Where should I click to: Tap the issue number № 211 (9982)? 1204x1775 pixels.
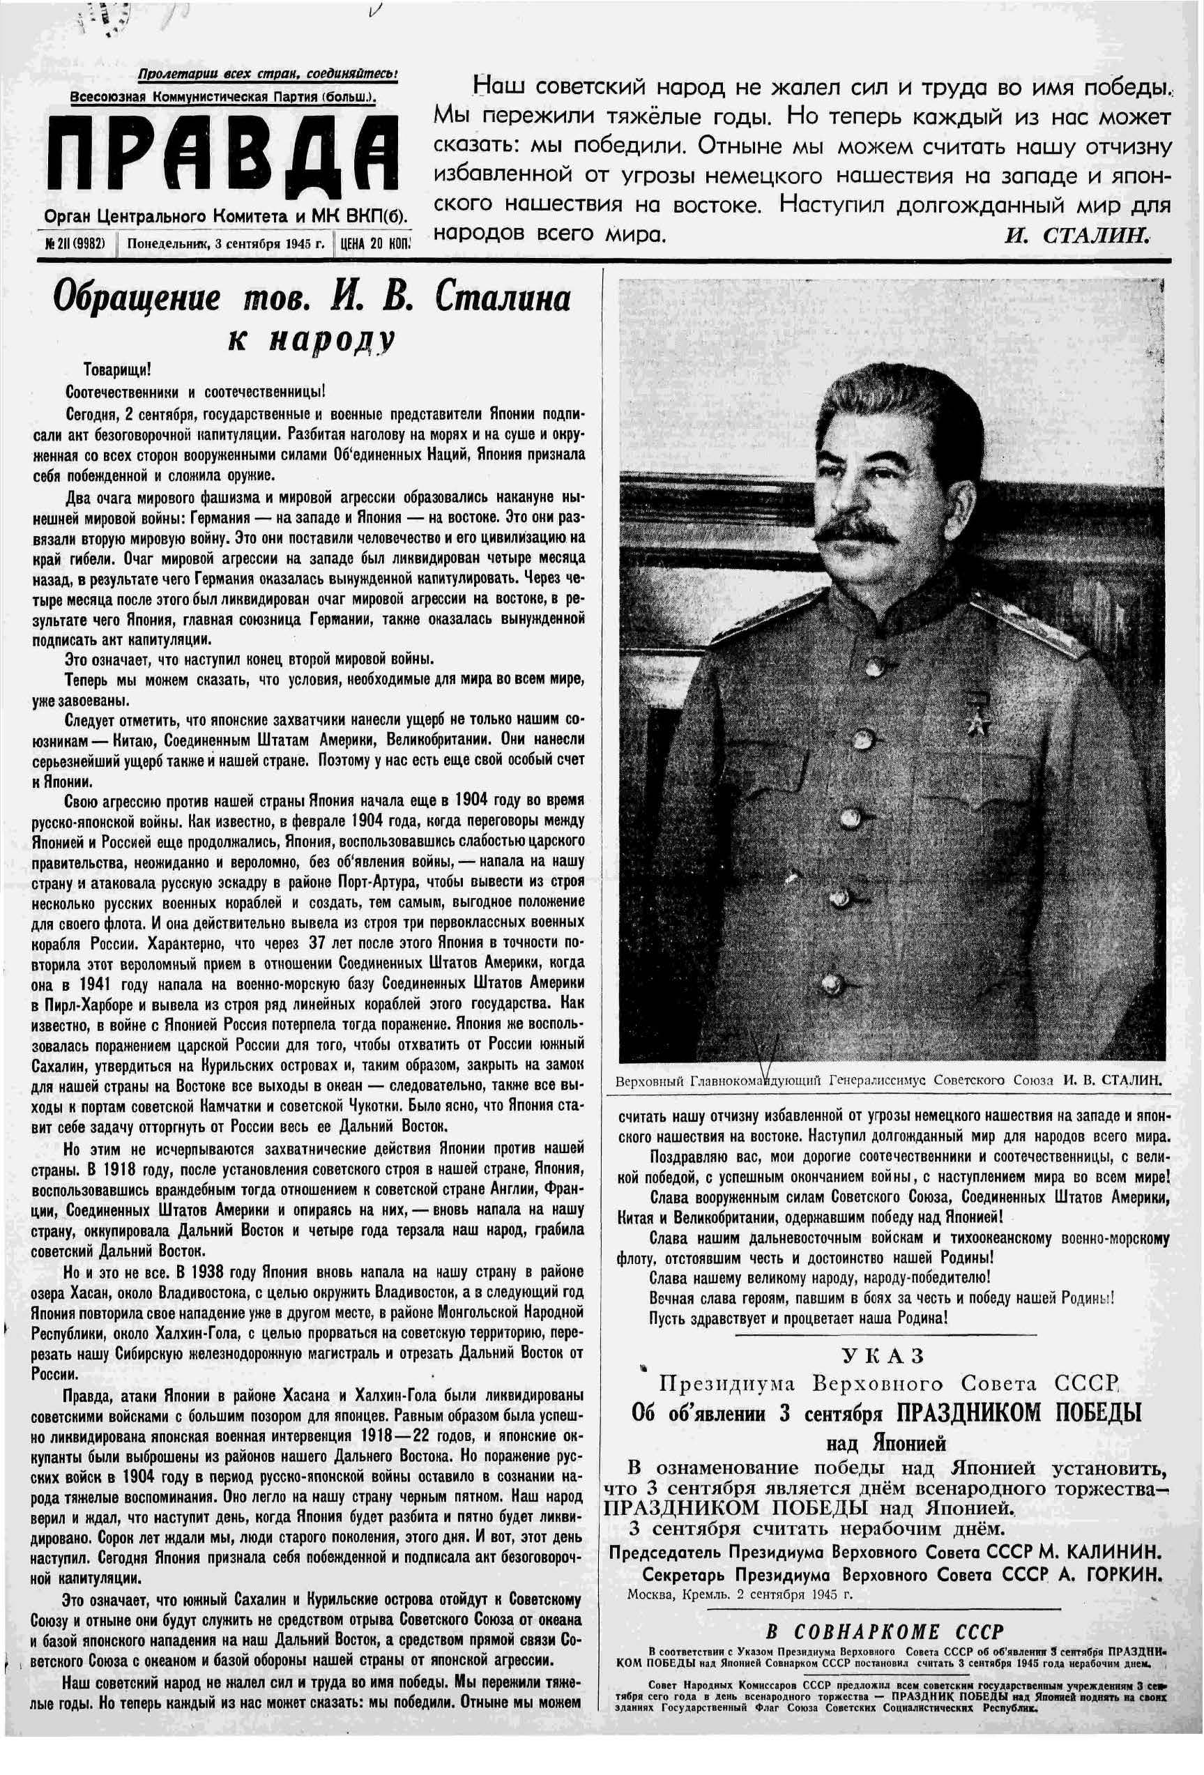75,243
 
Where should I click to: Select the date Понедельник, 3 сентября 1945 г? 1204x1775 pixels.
225,243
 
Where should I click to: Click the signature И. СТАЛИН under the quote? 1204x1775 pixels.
1076,235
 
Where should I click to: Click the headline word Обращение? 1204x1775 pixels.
135,298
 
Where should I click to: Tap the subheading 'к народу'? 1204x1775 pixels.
310,339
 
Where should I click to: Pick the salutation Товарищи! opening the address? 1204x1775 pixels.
117,370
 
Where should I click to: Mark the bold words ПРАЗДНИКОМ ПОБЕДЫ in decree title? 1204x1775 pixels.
1019,1412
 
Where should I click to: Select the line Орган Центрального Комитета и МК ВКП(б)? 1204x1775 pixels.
226,216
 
